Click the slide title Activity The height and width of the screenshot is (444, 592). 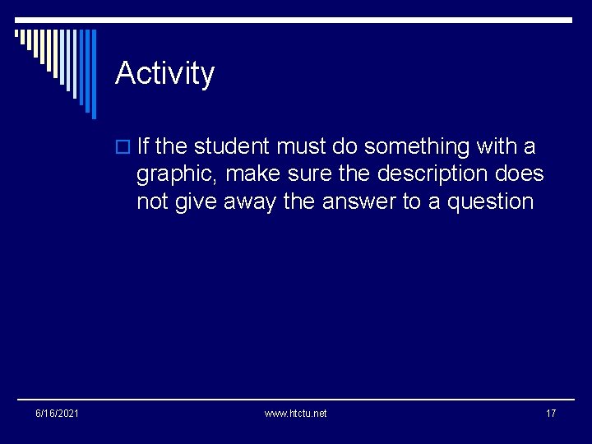164,73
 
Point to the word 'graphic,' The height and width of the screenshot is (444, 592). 177,175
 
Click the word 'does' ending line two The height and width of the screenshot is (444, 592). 521,174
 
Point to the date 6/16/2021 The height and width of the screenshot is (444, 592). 57,413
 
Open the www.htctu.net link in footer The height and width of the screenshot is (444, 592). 295,413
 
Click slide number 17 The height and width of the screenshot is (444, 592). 551,413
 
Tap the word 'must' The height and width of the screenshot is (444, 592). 301,147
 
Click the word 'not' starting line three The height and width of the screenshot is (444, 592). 151,202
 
